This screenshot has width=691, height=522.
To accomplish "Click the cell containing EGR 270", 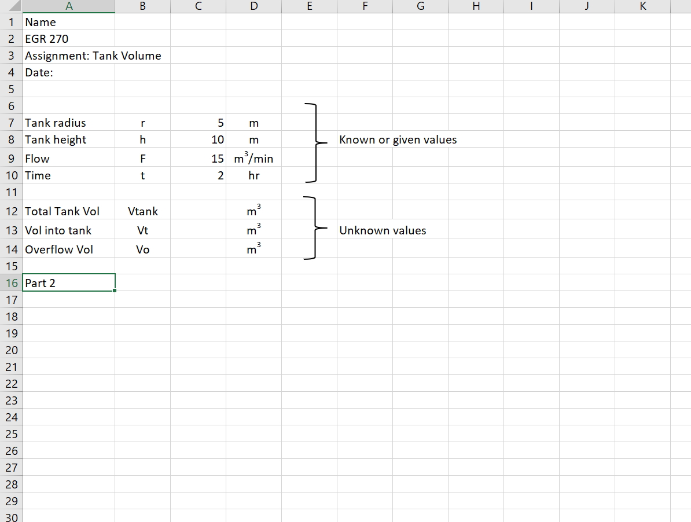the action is (x=47, y=39).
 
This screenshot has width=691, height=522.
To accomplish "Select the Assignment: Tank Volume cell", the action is (x=93, y=56).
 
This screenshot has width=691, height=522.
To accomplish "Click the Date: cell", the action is (x=39, y=73).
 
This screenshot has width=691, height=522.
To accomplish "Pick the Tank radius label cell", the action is (x=56, y=123).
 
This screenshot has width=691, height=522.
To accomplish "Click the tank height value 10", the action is (x=218, y=139).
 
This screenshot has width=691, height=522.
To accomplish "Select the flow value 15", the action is (x=218, y=159).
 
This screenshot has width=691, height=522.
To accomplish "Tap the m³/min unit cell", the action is (x=253, y=158).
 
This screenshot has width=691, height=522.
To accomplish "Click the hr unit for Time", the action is (x=253, y=175).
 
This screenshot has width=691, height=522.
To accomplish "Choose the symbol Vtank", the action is (x=143, y=211).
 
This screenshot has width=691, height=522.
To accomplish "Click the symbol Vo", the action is (x=143, y=249).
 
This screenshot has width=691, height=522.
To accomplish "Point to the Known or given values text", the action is (x=398, y=139).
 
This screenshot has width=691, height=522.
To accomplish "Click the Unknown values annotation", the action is (x=383, y=230).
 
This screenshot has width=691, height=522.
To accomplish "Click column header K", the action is (x=642, y=6).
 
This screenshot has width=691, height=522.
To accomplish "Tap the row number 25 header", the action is (x=11, y=434).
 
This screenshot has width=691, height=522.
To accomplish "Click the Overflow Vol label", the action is (x=59, y=249).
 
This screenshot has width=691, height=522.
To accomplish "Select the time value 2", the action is (x=220, y=175).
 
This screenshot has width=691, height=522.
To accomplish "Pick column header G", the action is (x=420, y=6).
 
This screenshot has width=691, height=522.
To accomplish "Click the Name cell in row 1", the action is (x=41, y=23).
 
